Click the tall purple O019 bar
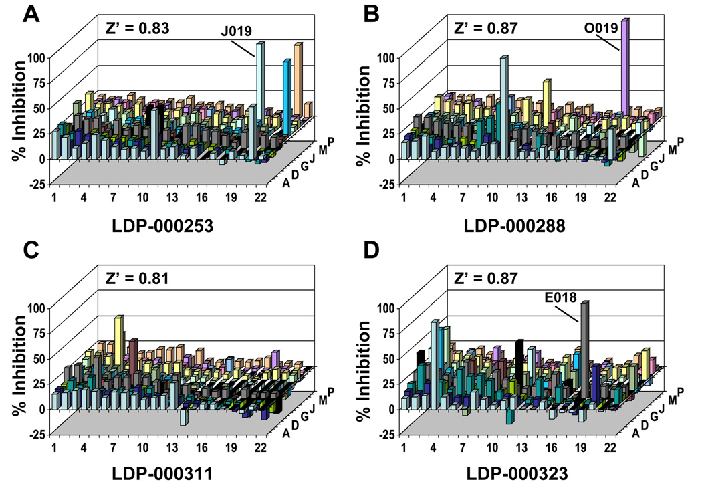click(x=625, y=67)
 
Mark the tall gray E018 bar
click(x=584, y=348)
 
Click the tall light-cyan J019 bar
click(x=259, y=100)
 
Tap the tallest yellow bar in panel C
click(x=119, y=341)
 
